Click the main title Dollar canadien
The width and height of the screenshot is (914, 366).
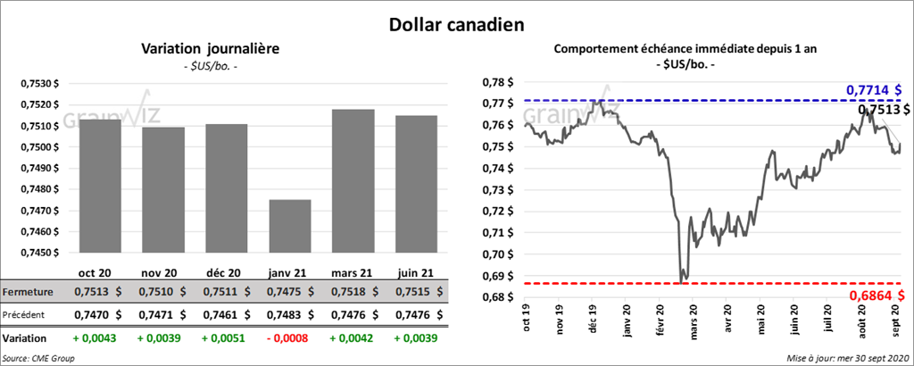(x=456, y=24)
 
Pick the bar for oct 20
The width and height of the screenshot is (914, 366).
(x=100, y=186)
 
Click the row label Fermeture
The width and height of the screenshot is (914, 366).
(x=28, y=292)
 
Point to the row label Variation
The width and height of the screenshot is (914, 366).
(x=25, y=338)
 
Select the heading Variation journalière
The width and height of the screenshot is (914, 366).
(x=211, y=49)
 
